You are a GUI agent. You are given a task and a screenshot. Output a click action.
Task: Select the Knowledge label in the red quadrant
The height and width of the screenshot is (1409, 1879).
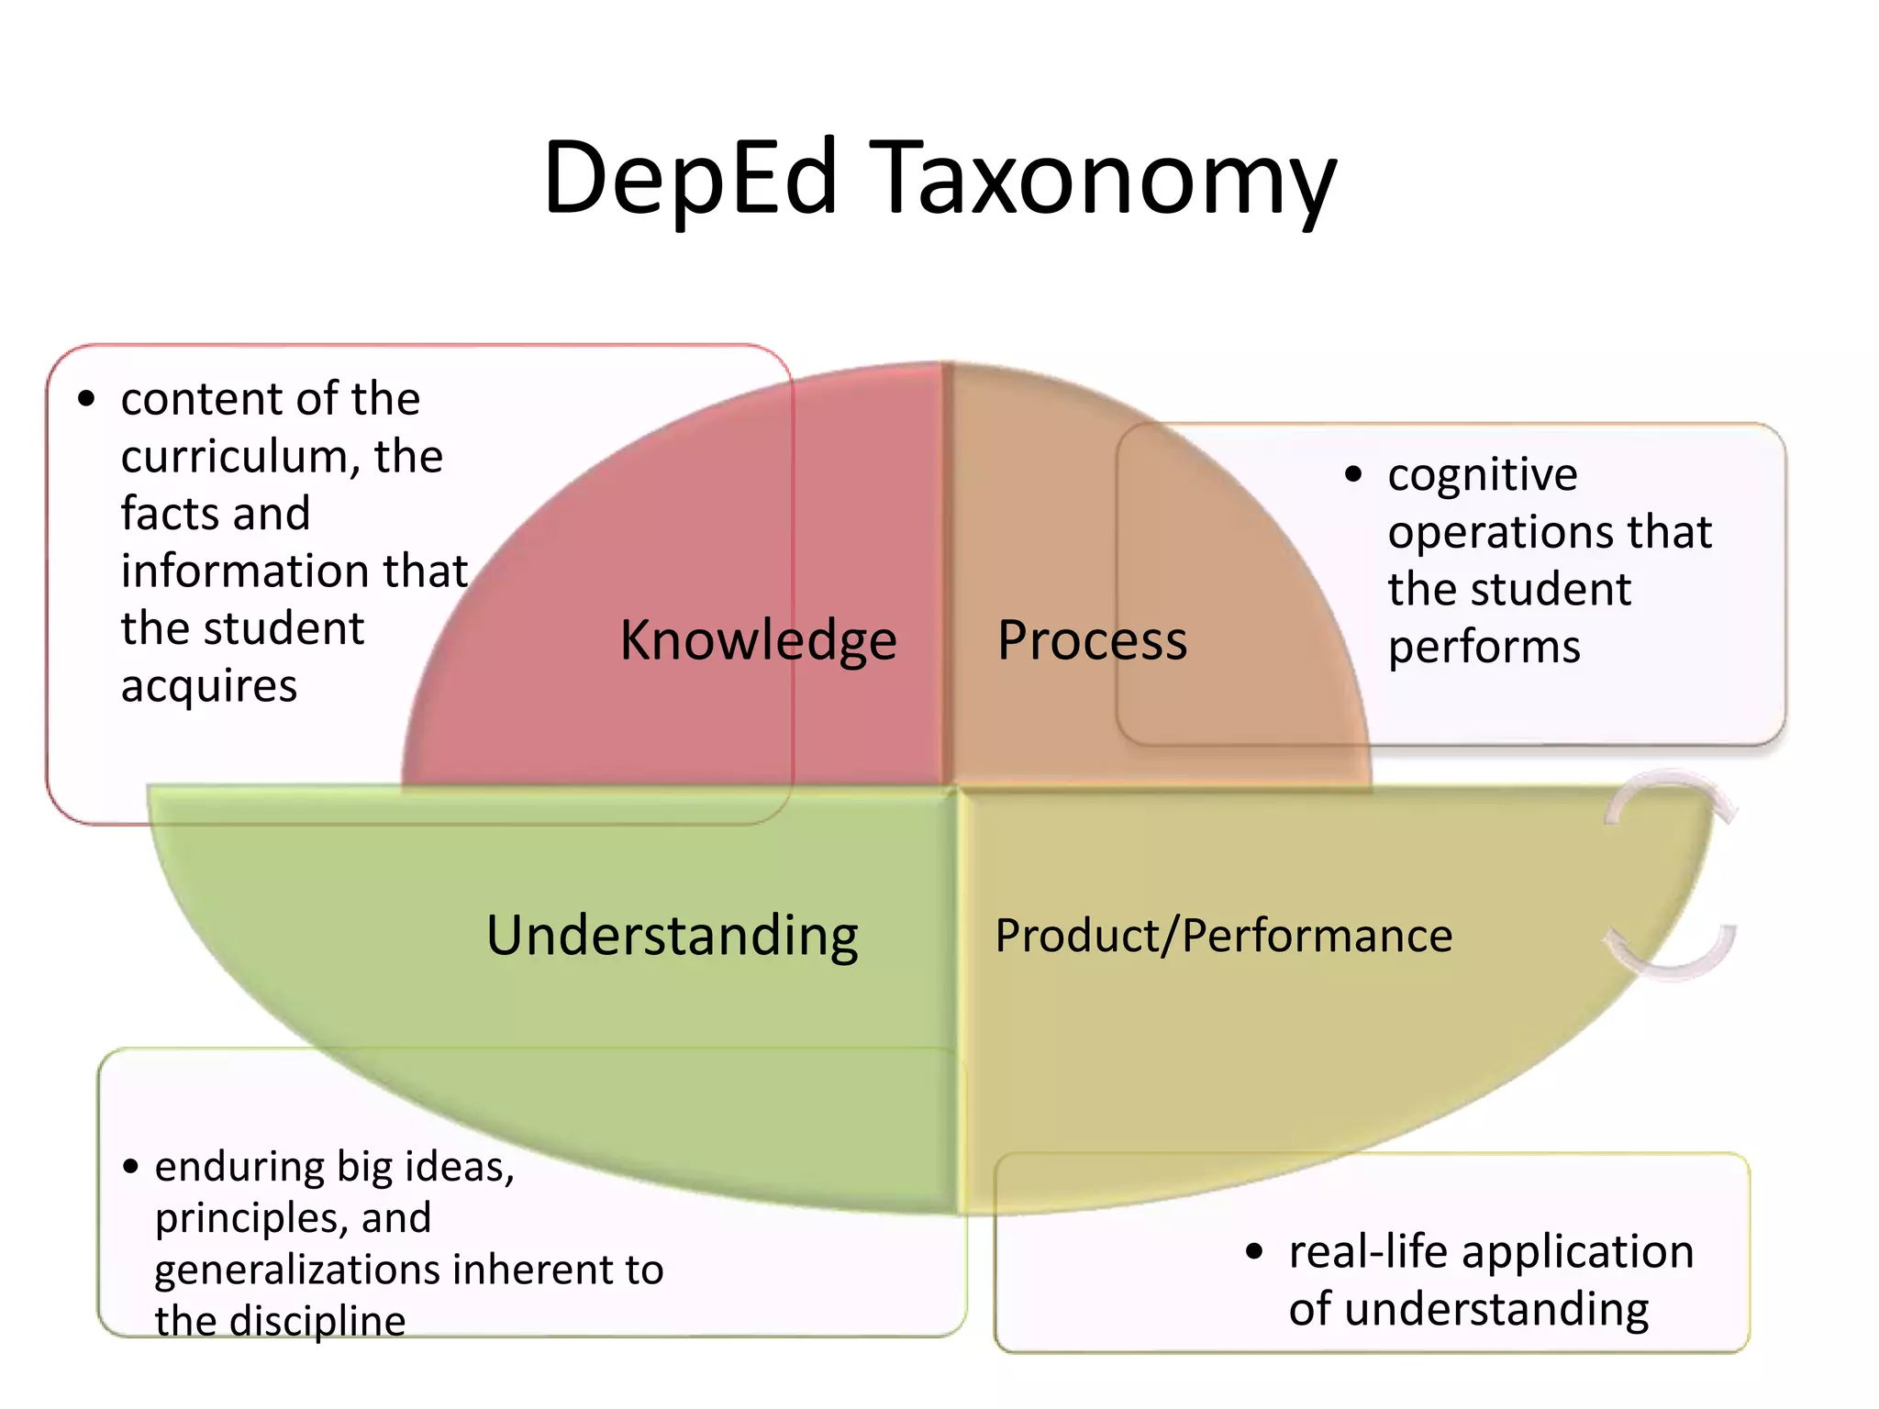pyautogui.click(x=758, y=640)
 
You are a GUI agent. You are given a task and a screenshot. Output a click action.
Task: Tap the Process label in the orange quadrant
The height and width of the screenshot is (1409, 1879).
pyautogui.click(x=1092, y=640)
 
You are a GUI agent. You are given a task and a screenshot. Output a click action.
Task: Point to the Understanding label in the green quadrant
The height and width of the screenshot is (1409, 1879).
pyautogui.click(x=672, y=936)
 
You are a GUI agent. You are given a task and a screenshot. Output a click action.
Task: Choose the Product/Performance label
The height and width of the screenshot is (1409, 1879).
pyautogui.click(x=1223, y=936)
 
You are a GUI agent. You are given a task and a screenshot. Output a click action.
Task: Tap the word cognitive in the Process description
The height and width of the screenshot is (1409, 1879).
pyautogui.click(x=1483, y=475)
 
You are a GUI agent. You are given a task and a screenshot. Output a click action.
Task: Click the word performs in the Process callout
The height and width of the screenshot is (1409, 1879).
pyautogui.click(x=1484, y=647)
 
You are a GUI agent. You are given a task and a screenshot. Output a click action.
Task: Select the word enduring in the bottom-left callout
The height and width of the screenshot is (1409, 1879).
pyautogui.click(x=239, y=1168)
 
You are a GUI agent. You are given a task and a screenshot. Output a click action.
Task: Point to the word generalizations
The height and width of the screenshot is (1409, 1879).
pyautogui.click(x=297, y=1270)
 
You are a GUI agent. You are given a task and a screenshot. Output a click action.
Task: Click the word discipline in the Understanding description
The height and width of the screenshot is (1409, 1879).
pyautogui.click(x=317, y=1322)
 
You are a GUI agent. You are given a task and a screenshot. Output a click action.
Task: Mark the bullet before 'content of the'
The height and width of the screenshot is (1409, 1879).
pyautogui.click(x=86, y=399)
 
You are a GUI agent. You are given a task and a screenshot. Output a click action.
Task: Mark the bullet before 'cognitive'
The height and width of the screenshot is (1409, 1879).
pyautogui.click(x=1353, y=474)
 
